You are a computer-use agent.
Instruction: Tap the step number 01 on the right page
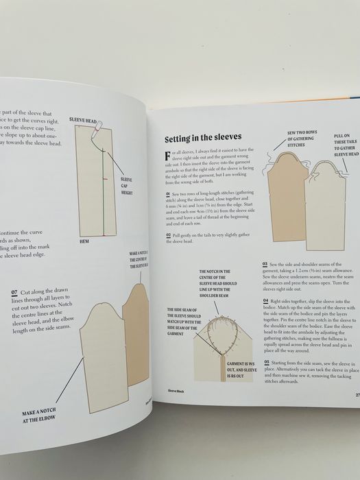(168, 194)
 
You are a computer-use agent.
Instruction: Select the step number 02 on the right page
(168, 235)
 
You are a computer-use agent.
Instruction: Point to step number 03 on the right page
(265, 263)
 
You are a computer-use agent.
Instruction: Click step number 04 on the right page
(265, 300)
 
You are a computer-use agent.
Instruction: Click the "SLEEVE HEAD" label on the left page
(83, 119)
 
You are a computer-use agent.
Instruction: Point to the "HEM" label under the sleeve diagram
(84, 242)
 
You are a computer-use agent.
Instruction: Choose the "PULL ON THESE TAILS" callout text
(345, 145)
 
